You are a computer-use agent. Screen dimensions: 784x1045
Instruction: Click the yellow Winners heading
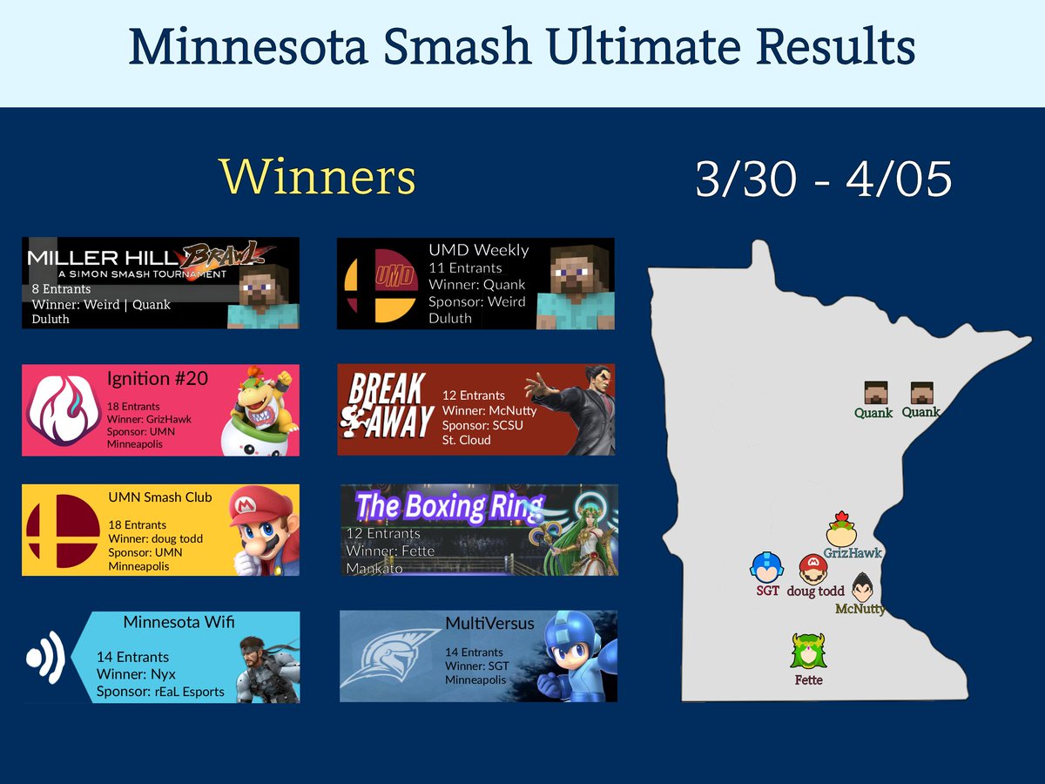(318, 178)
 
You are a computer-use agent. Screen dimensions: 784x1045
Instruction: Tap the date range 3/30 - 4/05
(823, 180)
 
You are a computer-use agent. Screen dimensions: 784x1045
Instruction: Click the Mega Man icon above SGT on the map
(765, 568)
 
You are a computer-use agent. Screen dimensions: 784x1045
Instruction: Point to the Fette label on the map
(808, 679)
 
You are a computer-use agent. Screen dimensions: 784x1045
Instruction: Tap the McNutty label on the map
(860, 609)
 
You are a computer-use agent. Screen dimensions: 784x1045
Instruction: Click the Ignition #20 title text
(150, 379)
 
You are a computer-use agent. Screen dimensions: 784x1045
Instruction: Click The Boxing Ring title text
(448, 506)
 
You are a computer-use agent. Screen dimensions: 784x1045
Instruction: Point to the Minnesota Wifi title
(179, 623)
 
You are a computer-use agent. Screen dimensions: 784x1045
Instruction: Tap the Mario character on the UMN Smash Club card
(261, 531)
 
